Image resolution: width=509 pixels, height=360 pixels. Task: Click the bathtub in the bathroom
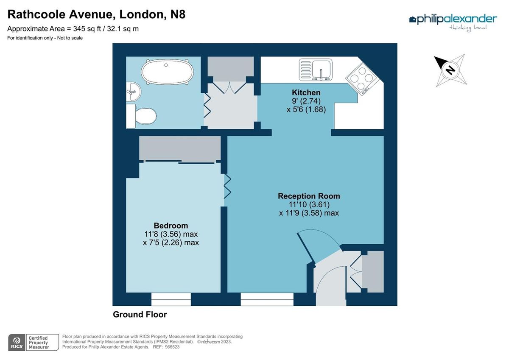(x=167, y=73)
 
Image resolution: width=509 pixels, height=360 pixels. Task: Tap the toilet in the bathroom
(x=142, y=115)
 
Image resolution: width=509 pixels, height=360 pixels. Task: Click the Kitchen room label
(x=306, y=92)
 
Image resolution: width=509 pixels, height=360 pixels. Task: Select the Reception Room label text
(x=309, y=196)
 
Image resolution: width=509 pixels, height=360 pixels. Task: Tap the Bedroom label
(x=171, y=226)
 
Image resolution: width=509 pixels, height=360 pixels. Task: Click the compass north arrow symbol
(x=450, y=69)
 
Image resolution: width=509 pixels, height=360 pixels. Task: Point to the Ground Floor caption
(x=140, y=315)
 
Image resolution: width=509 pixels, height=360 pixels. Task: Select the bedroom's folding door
(x=227, y=187)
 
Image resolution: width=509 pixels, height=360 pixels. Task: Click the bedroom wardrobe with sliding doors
(x=179, y=149)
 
